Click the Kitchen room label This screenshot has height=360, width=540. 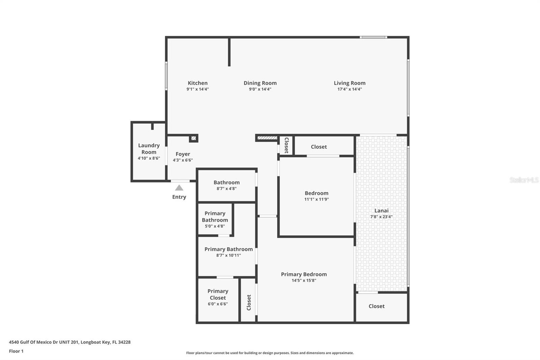point(197,83)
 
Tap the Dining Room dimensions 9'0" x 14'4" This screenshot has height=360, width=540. point(260,89)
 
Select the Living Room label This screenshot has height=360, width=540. point(349,83)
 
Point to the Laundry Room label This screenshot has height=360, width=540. point(149,149)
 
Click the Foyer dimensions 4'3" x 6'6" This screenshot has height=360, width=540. point(183,160)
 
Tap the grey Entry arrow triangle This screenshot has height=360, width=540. point(179,188)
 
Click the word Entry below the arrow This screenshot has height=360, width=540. point(179,197)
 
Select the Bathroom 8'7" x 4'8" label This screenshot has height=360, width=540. point(226,183)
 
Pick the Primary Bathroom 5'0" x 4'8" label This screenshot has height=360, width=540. point(215,217)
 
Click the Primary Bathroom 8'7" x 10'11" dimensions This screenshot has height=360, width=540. point(228,256)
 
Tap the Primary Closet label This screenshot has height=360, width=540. point(218,294)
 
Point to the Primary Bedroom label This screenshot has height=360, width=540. point(304,274)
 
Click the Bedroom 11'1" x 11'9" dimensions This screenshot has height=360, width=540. point(316,200)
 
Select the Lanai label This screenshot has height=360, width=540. point(381,211)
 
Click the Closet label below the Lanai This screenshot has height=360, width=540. point(376,306)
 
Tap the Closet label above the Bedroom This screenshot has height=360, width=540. point(319,147)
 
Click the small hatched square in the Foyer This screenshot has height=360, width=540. point(193,138)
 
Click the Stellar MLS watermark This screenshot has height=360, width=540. point(524,180)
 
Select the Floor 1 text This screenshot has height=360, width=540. point(16,351)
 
